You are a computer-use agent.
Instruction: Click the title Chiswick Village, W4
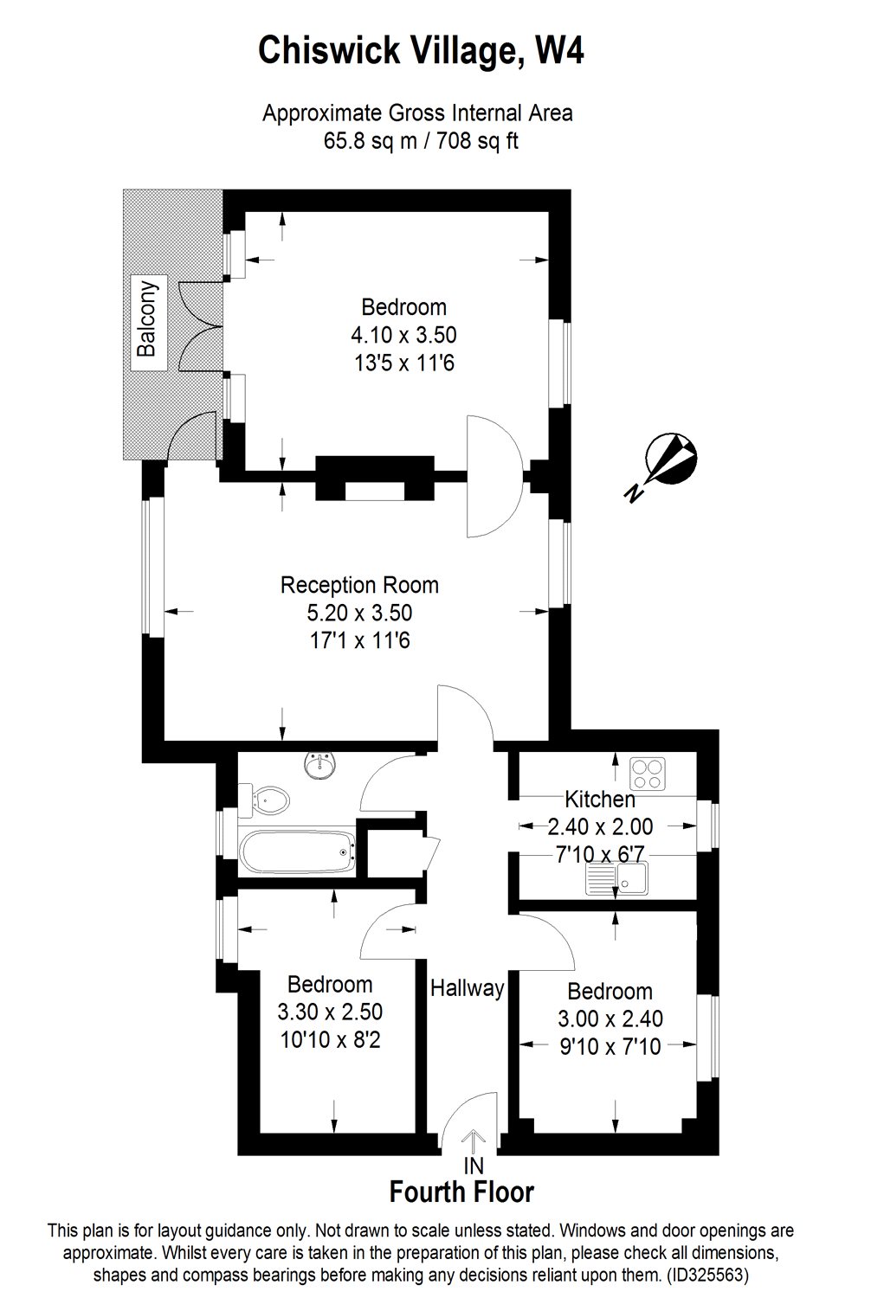coord(422,51)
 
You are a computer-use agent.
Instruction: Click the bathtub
coord(297,852)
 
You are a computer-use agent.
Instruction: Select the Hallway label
coord(468,988)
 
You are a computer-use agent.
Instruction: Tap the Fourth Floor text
coord(461,1192)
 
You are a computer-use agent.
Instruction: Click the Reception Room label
coord(359,585)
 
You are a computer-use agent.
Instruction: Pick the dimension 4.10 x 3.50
coord(403,334)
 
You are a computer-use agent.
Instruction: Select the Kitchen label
coord(600,799)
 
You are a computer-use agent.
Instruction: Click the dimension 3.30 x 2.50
coord(330,1012)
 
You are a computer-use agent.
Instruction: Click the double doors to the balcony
coord(198,328)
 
